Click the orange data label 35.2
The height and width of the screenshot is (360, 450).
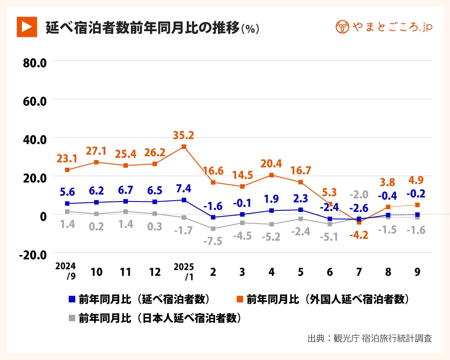(x=184, y=135)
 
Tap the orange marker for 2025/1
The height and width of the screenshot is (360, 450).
(x=184, y=147)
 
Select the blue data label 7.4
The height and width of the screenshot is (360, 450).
(x=184, y=189)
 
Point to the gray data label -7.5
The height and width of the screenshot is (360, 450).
(x=213, y=241)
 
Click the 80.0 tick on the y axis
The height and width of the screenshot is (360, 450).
(x=35, y=62)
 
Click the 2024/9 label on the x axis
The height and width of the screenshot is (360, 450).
(x=65, y=271)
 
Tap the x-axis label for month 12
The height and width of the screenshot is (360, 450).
(x=155, y=272)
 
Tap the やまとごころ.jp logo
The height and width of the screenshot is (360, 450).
(x=384, y=27)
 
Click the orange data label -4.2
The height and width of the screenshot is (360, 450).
(x=359, y=235)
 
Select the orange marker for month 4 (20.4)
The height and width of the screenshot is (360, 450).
(x=272, y=175)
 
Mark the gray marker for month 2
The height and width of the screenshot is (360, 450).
(x=213, y=229)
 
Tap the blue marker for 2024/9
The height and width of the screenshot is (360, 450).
(x=67, y=204)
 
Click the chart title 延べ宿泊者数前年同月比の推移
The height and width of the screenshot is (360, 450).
(x=143, y=28)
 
